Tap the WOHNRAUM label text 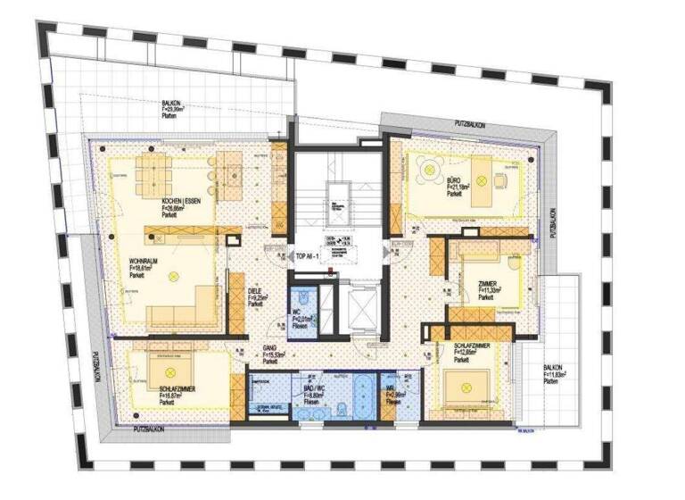coord(144,260)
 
